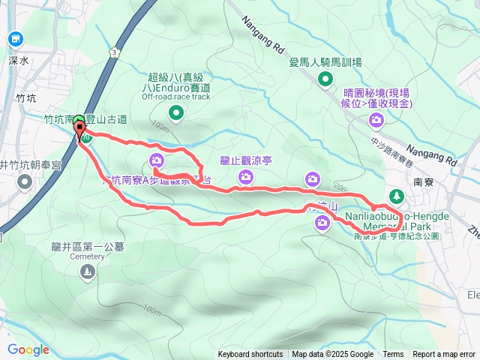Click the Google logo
tap(28, 349)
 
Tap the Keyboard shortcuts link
tap(250, 355)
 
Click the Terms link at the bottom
tap(393, 355)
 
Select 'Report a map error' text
tap(444, 355)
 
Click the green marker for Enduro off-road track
tap(176, 113)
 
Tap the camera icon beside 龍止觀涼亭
tap(246, 177)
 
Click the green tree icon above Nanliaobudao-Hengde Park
tap(395, 197)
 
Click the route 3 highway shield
tap(113, 52)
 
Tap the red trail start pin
tap(79, 133)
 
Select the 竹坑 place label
tap(25, 97)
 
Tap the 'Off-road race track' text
tap(175, 97)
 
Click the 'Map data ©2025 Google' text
tap(332, 355)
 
